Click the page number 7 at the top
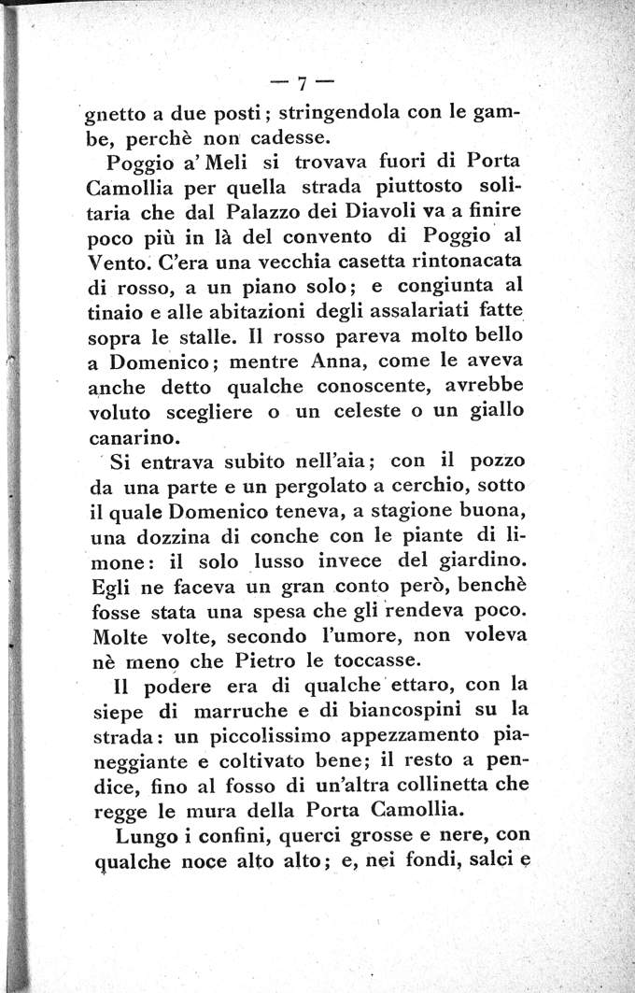301,83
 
